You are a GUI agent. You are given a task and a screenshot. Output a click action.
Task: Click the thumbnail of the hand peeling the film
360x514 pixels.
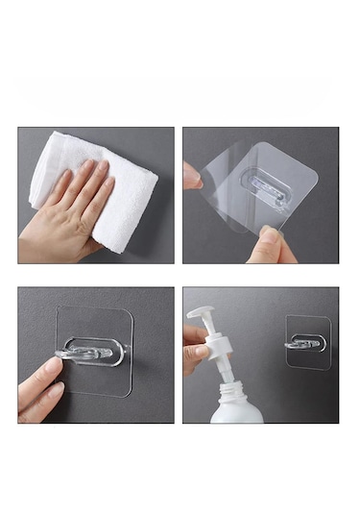click(260, 195)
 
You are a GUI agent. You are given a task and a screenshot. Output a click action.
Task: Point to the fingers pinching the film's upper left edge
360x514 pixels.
click(192, 176)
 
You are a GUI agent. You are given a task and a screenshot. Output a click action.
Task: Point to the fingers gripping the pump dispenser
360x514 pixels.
click(194, 346)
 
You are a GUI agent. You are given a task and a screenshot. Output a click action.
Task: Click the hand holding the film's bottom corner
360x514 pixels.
click(269, 245)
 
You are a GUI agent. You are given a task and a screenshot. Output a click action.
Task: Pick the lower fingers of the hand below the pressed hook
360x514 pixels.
click(38, 394)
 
